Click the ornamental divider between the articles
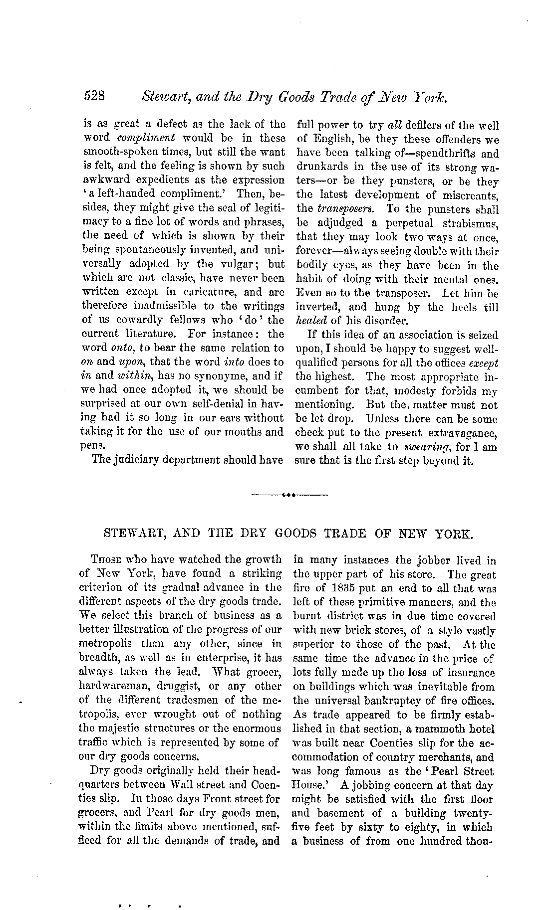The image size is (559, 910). point(289,495)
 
